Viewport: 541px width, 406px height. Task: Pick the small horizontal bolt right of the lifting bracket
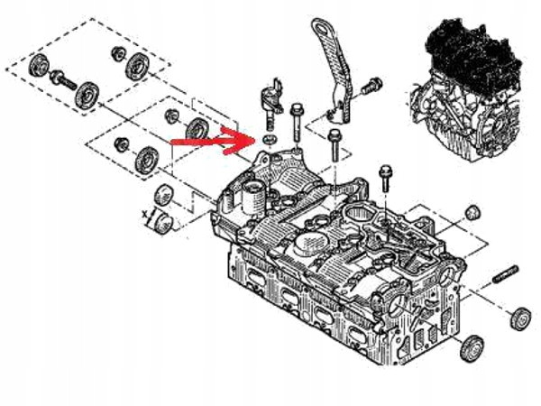369,88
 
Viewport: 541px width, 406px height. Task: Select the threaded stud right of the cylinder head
506,276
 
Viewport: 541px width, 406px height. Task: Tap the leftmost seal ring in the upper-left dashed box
38,66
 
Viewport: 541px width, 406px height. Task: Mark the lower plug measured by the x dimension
160,222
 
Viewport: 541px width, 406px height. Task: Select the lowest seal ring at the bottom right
470,349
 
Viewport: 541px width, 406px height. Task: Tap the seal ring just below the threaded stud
519,318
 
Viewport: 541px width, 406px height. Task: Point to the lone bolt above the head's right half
386,178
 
